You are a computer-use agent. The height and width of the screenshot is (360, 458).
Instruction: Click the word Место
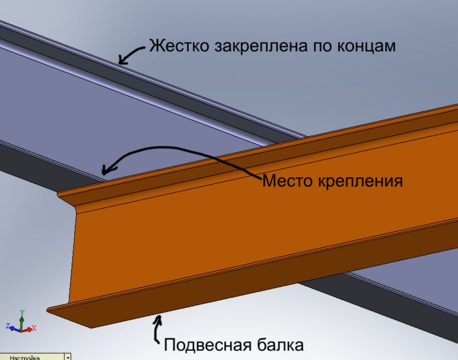click(287, 180)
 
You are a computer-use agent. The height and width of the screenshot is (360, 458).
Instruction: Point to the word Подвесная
click(208, 345)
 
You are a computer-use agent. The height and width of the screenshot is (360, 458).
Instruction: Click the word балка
click(280, 345)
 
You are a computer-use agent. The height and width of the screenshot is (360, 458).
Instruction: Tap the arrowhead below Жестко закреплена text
click(123, 60)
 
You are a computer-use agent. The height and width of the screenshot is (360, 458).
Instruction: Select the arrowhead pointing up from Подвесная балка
click(158, 320)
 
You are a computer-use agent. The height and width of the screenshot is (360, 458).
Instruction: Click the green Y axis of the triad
click(22, 321)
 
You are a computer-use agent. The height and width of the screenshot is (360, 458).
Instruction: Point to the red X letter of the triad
click(34, 328)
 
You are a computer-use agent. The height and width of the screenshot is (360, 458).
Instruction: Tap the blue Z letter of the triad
click(8, 326)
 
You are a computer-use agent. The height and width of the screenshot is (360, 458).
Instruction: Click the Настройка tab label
click(25, 358)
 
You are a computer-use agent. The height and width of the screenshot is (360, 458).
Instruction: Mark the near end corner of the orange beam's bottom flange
click(91, 328)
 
